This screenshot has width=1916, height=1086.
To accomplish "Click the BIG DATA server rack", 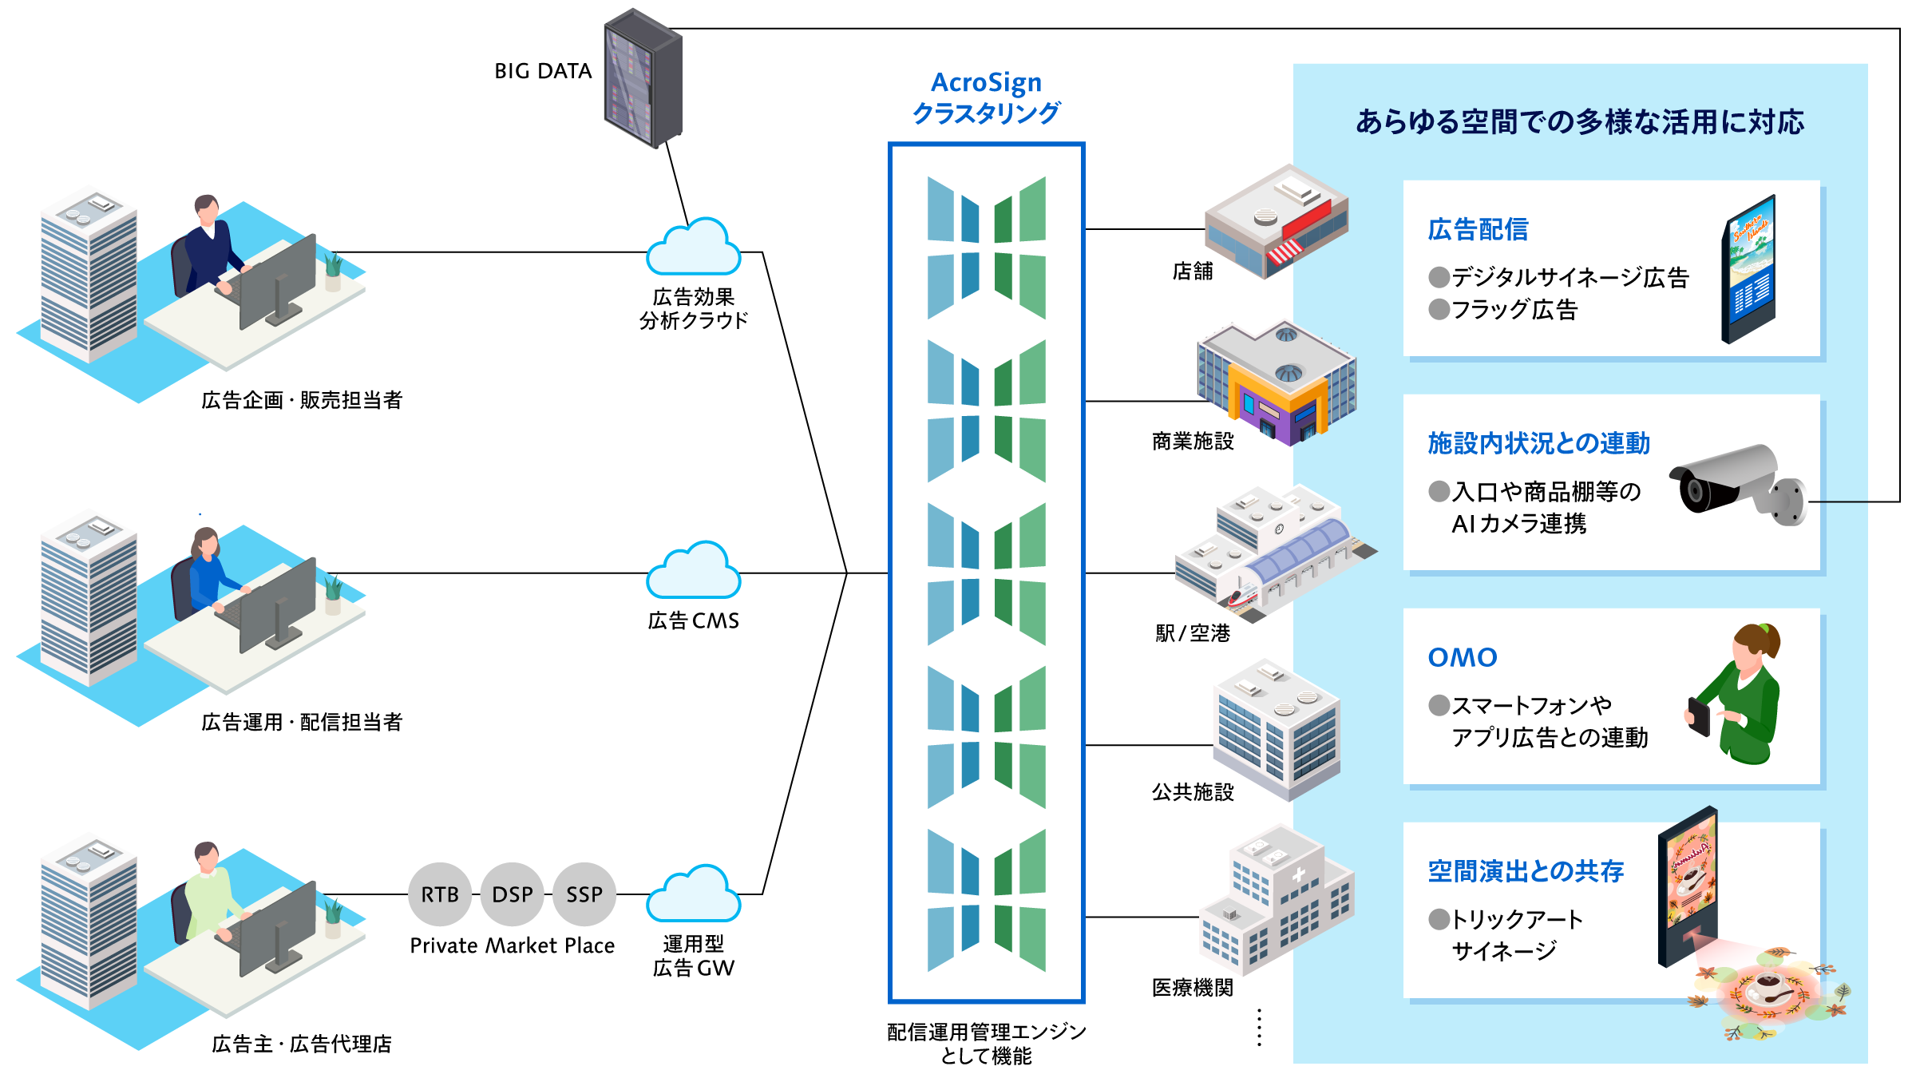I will click(643, 78).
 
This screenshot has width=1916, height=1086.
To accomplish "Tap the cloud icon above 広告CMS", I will click(693, 572).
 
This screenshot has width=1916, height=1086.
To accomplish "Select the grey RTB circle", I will click(440, 894).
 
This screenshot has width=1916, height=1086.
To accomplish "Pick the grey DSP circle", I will click(512, 894).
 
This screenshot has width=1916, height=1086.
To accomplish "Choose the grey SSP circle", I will click(584, 894).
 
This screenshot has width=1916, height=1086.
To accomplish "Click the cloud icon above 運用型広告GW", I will click(693, 895).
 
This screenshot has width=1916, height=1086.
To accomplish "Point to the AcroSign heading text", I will click(986, 82).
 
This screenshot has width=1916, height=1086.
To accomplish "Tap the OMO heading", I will click(1463, 657).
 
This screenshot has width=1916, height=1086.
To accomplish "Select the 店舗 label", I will click(1193, 271).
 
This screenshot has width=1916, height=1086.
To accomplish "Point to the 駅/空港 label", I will click(1193, 633).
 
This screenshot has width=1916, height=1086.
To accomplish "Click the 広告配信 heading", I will click(1478, 230).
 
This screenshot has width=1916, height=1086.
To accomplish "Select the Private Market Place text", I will click(512, 945).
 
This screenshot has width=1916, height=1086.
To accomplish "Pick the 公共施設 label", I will click(1193, 791).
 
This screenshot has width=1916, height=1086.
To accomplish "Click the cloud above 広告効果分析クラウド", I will click(693, 248).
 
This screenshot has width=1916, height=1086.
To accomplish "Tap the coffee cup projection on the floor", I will click(1769, 991).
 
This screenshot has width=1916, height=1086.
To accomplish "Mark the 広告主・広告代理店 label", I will click(302, 1044).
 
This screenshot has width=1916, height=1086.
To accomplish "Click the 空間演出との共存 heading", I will click(1526, 871).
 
